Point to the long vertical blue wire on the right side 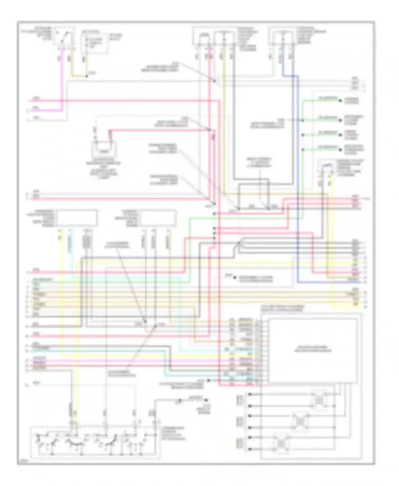point(298,186)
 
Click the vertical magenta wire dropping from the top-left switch point(62,80)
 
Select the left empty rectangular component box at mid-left point(77,218)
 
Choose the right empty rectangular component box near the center point(158,218)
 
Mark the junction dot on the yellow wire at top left point(86,77)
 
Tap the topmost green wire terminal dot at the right point(340,101)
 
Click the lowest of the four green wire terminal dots point(340,150)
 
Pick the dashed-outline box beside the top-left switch point(94,43)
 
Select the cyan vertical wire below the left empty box point(71,255)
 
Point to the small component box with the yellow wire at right point(327,170)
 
